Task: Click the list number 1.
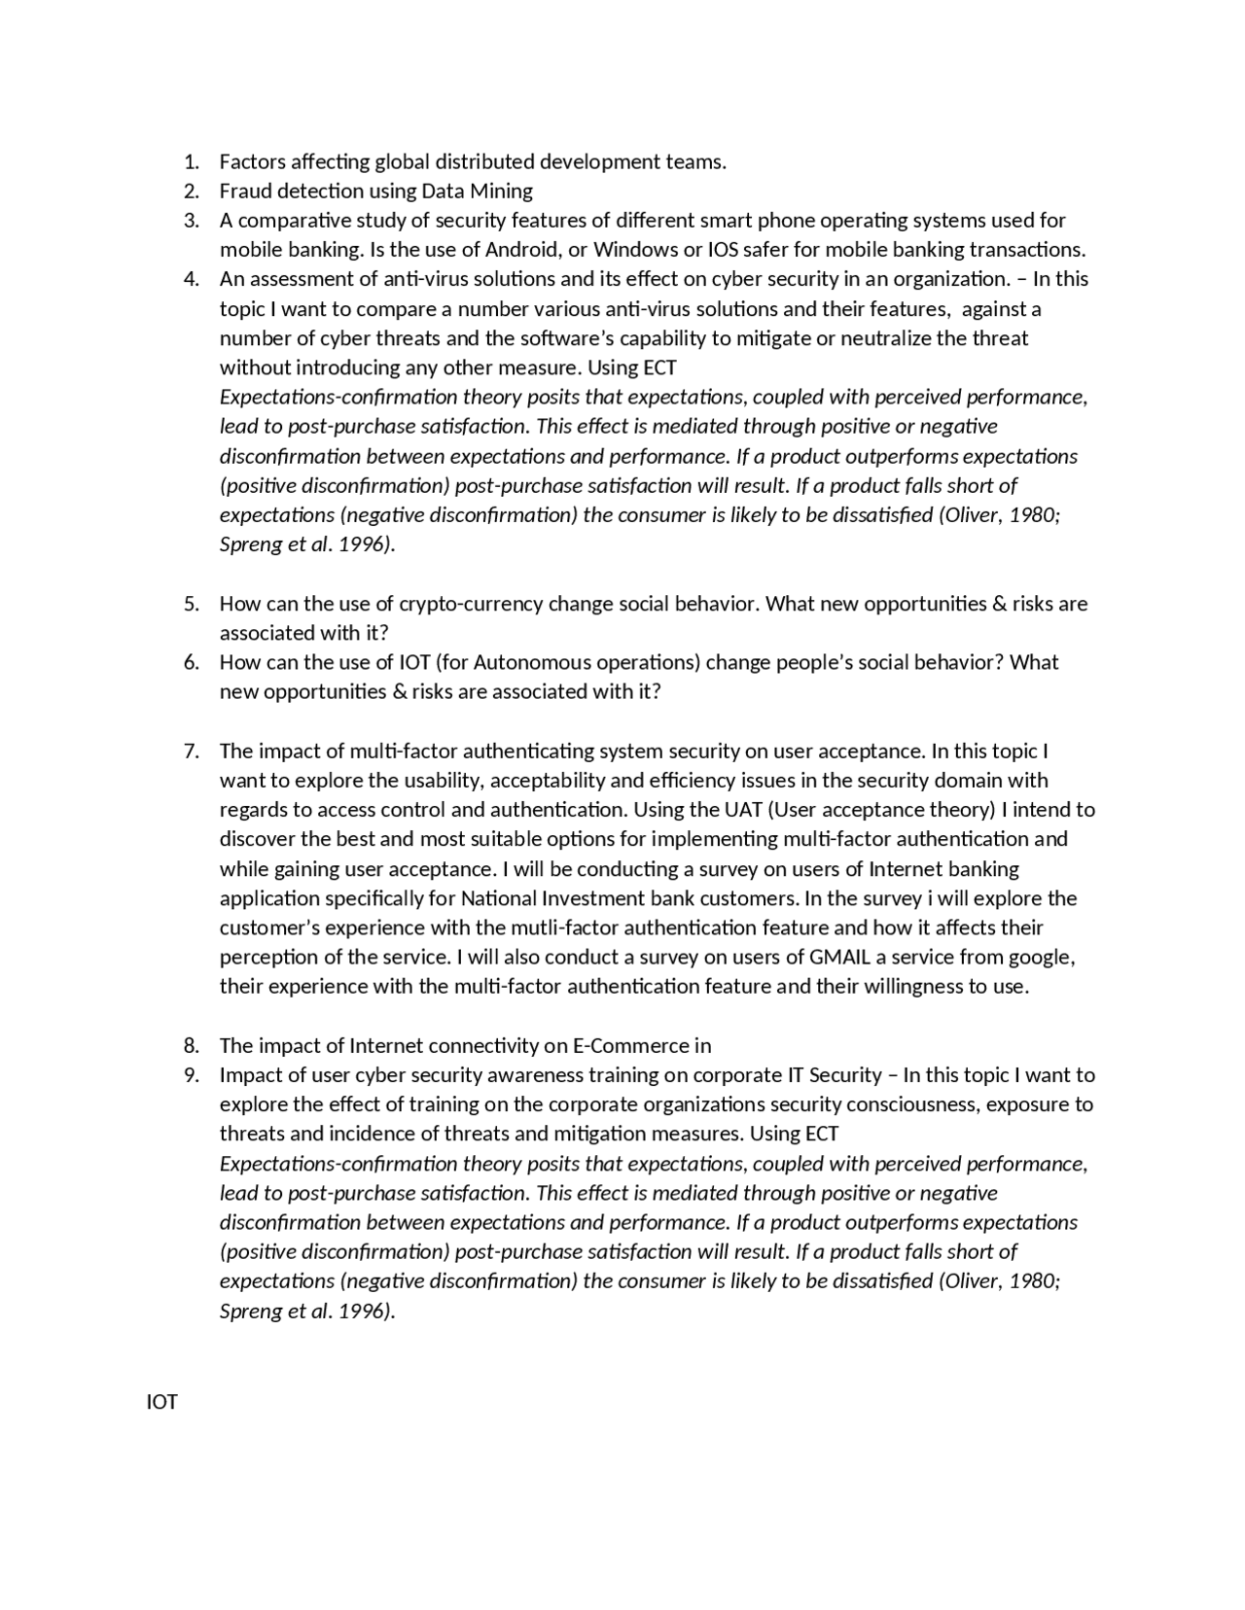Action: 191,162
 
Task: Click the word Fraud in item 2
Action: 245,192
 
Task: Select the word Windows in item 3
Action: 636,250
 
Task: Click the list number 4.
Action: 191,280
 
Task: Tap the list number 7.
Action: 191,752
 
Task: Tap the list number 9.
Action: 191,1075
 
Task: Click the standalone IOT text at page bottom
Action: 161,1403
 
